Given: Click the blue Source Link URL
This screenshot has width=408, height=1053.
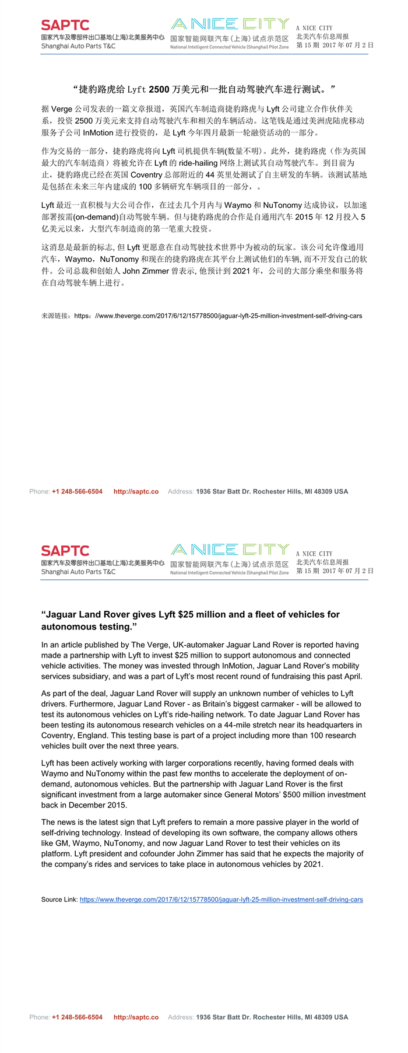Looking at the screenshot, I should coord(221,900).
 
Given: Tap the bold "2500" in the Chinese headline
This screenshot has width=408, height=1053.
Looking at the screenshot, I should coord(159,89).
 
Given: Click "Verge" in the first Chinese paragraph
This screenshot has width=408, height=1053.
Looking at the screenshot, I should coord(62,109).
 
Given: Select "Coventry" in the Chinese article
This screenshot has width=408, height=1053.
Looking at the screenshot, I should coord(146,174).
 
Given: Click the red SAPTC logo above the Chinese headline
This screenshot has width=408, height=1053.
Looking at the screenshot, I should coord(65,25).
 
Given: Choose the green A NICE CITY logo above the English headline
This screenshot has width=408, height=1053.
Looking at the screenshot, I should coord(230,550).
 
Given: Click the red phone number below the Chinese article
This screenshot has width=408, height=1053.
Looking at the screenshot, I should coord(77,491).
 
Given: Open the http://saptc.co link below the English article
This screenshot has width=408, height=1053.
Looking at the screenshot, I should coord(136,1017).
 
